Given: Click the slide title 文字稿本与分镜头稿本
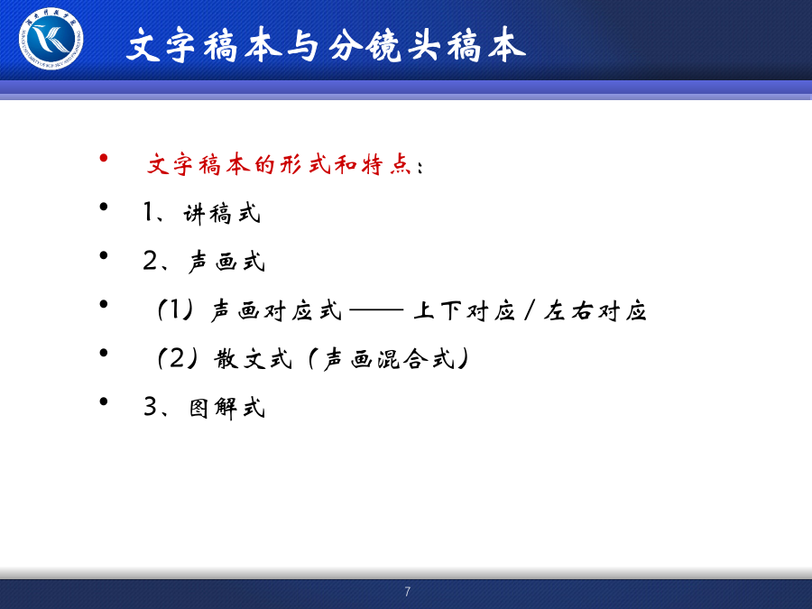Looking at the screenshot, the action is point(327,46).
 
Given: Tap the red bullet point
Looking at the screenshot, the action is point(104,157).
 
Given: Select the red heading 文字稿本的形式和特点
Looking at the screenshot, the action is point(279,165).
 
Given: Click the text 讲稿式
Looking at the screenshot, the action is point(222,213).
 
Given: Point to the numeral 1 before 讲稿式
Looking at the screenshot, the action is point(149,212).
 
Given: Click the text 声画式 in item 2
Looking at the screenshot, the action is point(226,261).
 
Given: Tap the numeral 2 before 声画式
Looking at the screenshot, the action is point(150,261).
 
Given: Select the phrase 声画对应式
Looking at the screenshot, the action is point(276,310).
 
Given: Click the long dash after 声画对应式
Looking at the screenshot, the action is point(376,310).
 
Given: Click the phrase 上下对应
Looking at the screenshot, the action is point(465,310).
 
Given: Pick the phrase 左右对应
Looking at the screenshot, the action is point(595,310).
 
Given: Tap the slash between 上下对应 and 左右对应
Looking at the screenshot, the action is point(530,310).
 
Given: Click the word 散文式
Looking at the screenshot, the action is point(254,358).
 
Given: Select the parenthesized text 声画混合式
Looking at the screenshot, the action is point(388,358).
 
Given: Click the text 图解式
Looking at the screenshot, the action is point(227,408).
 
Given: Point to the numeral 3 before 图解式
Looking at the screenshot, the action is point(150,407).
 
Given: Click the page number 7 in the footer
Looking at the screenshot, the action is point(408,591).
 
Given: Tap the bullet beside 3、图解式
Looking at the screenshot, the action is point(104,401).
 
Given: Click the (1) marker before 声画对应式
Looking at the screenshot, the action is point(176,309).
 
